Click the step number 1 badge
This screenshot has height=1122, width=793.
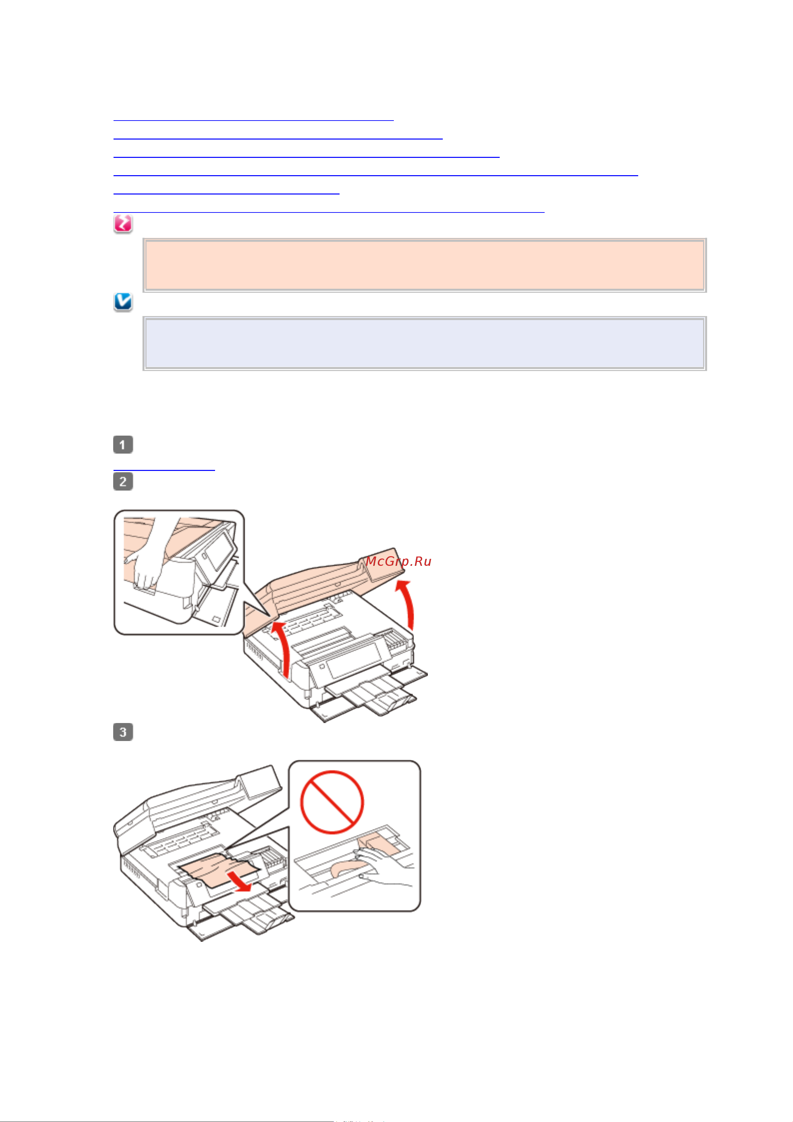point(123,445)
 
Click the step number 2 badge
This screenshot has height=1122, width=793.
point(123,481)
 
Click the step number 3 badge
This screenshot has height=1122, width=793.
point(123,732)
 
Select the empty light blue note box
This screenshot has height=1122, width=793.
point(424,343)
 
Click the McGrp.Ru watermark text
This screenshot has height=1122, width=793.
point(398,561)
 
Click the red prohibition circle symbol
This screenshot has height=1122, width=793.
point(332,802)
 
